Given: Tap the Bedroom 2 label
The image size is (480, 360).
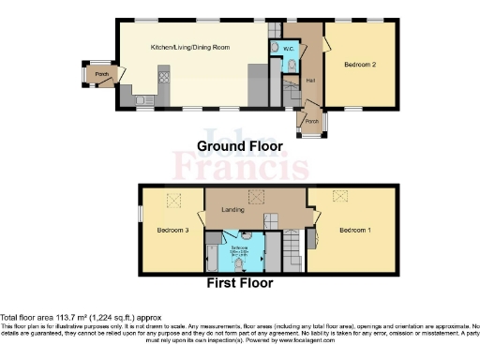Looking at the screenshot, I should click(x=360, y=65).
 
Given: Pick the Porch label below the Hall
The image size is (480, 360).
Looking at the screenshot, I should click(x=310, y=121).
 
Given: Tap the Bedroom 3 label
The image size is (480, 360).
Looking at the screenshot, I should click(x=172, y=230).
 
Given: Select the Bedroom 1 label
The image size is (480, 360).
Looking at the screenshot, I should click(x=354, y=230).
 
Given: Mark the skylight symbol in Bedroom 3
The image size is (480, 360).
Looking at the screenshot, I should click(x=173, y=200).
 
